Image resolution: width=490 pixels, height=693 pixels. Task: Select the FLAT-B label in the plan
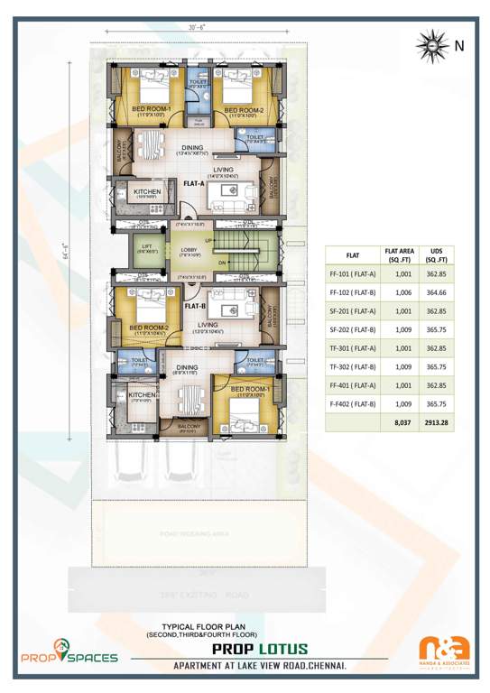pos(195,306)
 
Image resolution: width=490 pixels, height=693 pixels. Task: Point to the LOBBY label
pos(189,250)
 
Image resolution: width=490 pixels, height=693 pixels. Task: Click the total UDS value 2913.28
pos(437,420)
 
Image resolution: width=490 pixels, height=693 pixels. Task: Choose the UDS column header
pos(437,254)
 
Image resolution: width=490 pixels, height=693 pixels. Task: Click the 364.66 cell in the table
pos(437,293)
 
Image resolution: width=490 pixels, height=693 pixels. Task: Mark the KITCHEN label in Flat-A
pos(147,192)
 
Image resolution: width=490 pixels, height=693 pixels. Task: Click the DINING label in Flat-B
pos(187,367)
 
